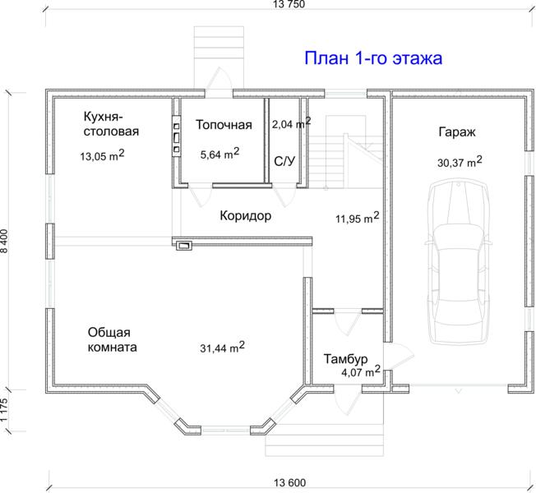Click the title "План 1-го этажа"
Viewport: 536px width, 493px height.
[x=373, y=58]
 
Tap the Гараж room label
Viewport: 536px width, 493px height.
[x=457, y=131]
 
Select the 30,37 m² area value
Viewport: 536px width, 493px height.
[x=460, y=162]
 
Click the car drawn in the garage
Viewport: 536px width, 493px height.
[x=458, y=262]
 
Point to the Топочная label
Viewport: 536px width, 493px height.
[x=224, y=125]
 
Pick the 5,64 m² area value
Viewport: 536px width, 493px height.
[x=219, y=154]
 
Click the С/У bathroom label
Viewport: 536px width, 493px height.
[x=284, y=161]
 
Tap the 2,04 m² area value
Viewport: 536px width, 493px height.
[x=291, y=123]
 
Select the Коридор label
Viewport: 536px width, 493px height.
[x=246, y=216]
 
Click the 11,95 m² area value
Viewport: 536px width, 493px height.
[x=358, y=217]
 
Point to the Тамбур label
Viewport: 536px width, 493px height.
[x=345, y=359]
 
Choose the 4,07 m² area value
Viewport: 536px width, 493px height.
[x=361, y=371]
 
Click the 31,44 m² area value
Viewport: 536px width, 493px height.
[x=222, y=347]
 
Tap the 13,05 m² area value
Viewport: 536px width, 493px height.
[x=102, y=155]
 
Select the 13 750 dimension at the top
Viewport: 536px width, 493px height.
[x=289, y=4]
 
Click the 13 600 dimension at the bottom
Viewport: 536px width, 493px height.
[x=289, y=483]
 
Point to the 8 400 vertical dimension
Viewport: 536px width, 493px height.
[x=5, y=241]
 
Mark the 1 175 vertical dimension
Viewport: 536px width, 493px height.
[x=4, y=410]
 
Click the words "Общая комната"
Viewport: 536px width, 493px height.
[x=112, y=340]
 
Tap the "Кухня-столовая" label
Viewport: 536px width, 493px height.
[x=111, y=124]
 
